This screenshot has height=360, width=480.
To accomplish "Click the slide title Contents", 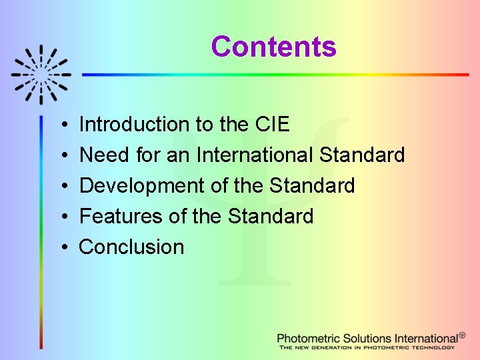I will pos(273,47).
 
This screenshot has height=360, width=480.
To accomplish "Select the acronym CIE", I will pos(272,124).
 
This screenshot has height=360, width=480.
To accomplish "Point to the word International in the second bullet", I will pos(255,155).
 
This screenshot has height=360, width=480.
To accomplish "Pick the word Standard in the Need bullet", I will pos(362,155).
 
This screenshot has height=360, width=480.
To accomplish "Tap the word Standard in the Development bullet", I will pos(312,185).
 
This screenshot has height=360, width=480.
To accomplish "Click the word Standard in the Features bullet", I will pos(270,216).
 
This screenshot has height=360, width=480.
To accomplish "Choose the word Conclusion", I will pos(131,247).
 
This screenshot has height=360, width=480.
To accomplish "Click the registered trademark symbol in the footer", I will pos(462,335).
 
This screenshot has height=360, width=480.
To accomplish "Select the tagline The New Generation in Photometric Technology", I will pos(367,347).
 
